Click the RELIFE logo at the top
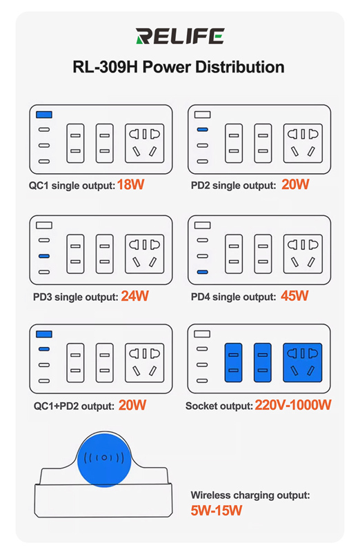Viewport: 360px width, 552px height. (x=180, y=36)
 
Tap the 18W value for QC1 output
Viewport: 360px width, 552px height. (x=130, y=184)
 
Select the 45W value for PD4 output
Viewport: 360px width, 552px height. (x=294, y=296)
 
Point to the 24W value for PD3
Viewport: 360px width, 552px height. (x=134, y=296)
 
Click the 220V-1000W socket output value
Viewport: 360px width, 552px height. (x=293, y=405)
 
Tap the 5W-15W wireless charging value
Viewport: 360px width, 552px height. (x=217, y=510)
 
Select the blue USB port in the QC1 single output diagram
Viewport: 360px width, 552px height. (x=44, y=115)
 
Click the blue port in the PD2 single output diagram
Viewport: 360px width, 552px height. (x=202, y=130)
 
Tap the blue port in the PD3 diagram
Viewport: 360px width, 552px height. (x=44, y=256)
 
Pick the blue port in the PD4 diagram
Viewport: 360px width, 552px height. (x=202, y=272)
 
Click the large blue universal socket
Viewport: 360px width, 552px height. (x=303, y=363)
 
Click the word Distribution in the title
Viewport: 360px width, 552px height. (x=239, y=67)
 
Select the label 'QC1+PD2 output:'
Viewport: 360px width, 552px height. (x=74, y=406)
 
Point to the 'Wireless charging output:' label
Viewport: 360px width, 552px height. (x=250, y=495)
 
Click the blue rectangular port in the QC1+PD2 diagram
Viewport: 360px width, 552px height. (x=44, y=334)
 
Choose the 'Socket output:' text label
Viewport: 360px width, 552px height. (x=219, y=406)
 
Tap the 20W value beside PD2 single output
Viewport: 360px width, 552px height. (x=295, y=184)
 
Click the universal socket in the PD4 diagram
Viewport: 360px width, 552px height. (x=303, y=254)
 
